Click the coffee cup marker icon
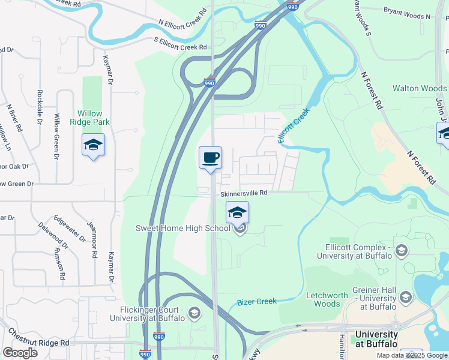pos(210,158)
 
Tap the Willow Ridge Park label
pos(90,117)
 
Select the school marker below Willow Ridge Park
pos(93,145)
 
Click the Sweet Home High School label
pos(183,228)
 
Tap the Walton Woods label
pos(420,89)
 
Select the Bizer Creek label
pos(256,302)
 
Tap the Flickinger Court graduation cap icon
pos(194,312)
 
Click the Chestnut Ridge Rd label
pos(38,337)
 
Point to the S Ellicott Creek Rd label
pos(180,44)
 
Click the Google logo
pos(20,353)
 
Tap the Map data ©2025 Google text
pos(411,355)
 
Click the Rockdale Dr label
pos(39,107)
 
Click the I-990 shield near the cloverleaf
pos(208,83)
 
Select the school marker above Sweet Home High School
pos(237,212)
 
